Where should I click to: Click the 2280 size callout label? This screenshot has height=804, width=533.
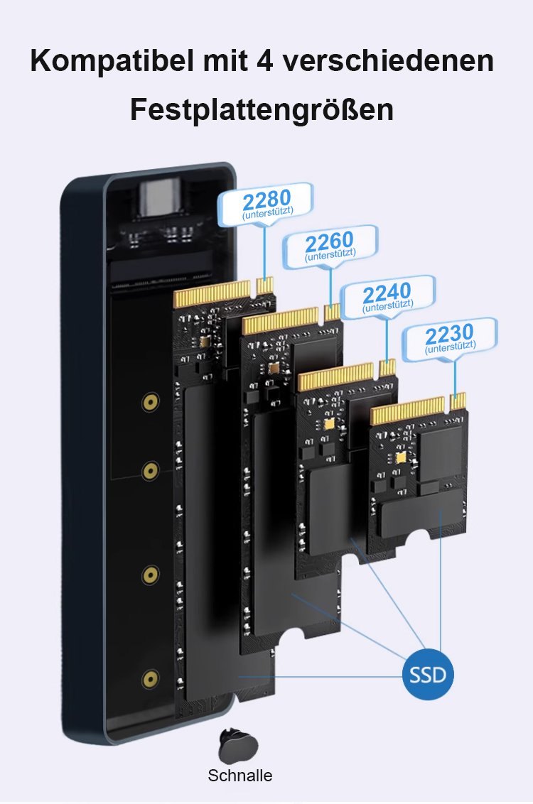coord(266,204)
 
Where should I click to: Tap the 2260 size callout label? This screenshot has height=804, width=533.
coord(330,246)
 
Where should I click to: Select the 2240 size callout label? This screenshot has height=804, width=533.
coord(388,298)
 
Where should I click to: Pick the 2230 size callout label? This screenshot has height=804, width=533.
coord(450,339)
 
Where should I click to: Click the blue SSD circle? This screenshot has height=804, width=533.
coord(428,674)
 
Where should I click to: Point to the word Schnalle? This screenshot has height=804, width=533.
coord(239,775)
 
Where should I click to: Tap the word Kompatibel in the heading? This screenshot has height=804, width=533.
coord(113,62)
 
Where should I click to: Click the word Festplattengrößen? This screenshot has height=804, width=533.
coord(262,109)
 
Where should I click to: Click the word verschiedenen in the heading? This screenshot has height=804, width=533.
coord(388,60)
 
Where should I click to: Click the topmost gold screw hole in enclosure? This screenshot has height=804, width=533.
coord(150,402)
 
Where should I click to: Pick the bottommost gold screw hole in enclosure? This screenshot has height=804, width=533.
coord(150,680)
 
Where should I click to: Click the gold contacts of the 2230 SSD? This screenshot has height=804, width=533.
coord(418,408)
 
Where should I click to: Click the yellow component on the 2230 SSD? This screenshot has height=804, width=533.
coord(400,457)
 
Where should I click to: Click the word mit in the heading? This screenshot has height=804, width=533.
coord(225,60)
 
